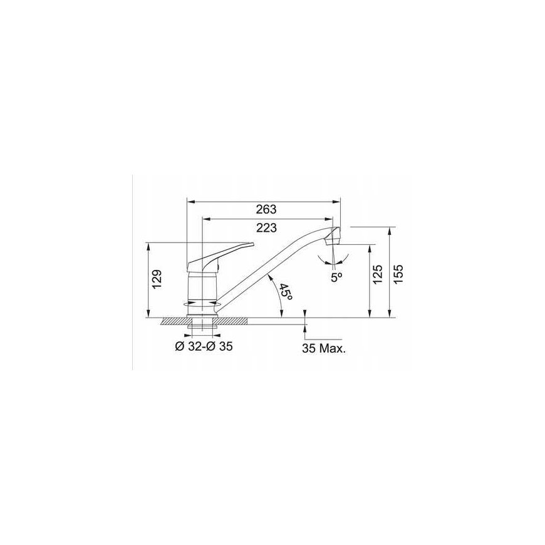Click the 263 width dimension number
(266, 209)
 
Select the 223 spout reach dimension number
(267, 227)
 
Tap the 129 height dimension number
(157, 279)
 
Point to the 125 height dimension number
(378, 274)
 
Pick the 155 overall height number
(398, 274)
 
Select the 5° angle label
(336, 278)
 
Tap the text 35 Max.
(324, 349)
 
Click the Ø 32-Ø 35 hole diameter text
(204, 346)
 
